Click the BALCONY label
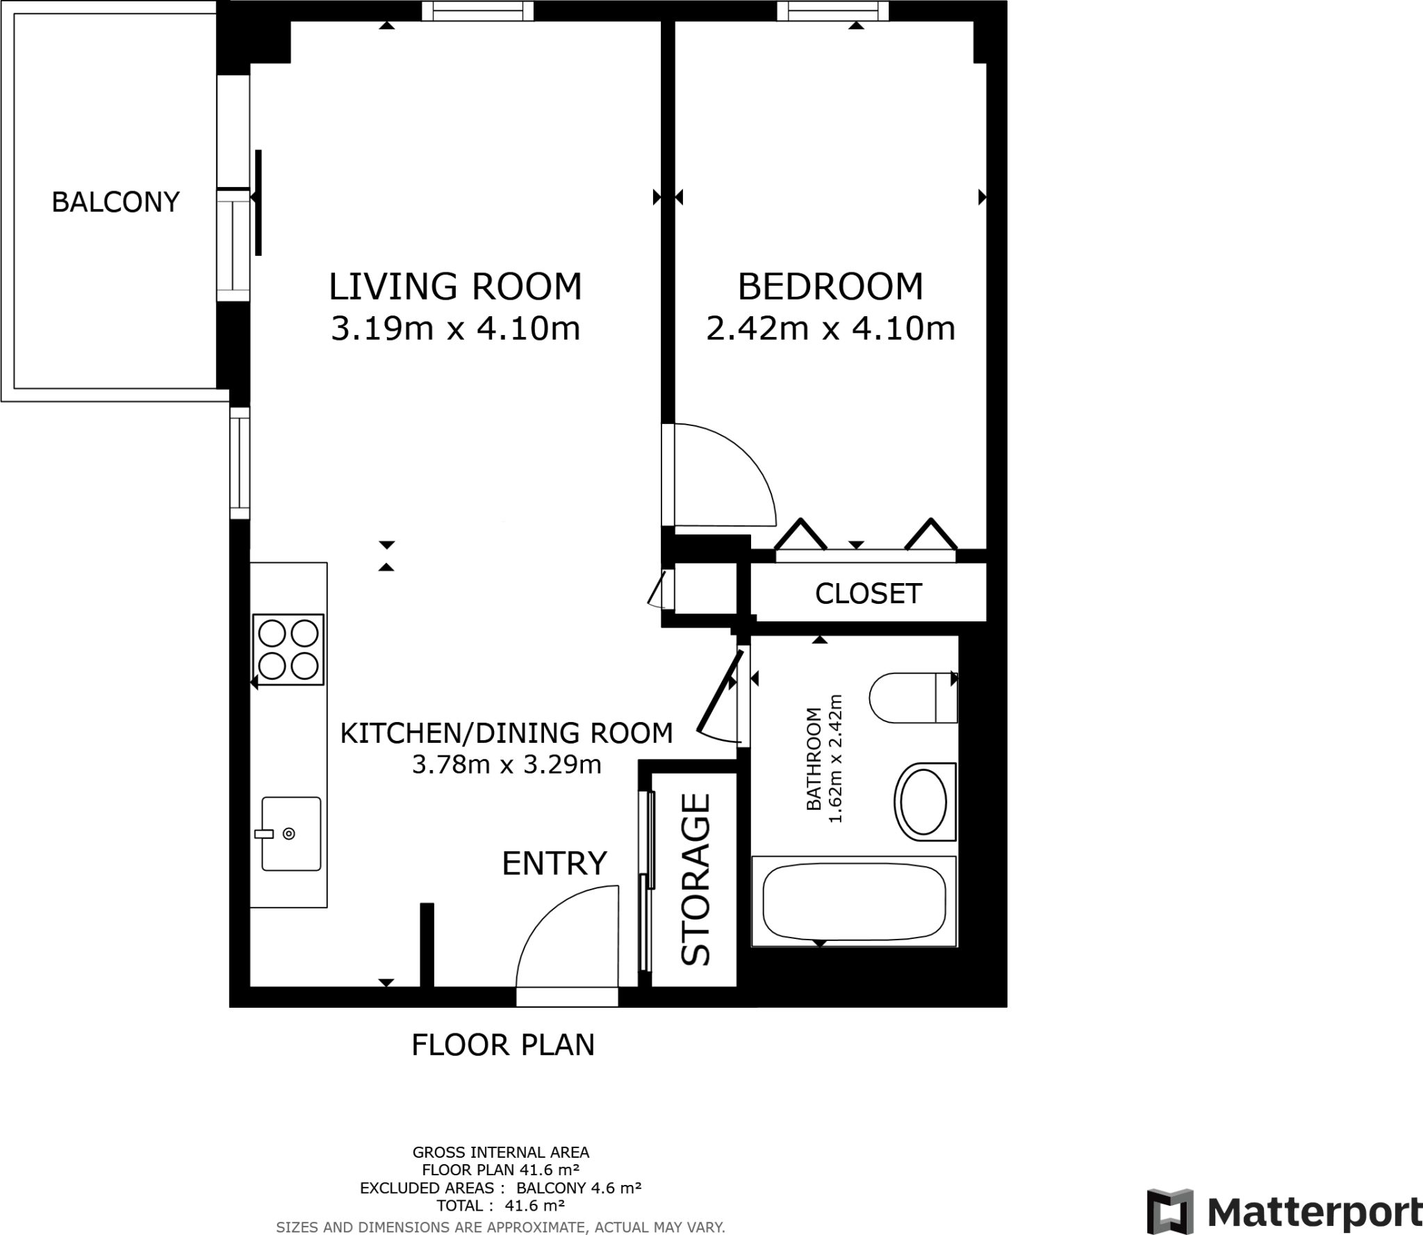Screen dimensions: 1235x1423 click(x=115, y=202)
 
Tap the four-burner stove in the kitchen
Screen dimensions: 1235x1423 click(x=288, y=650)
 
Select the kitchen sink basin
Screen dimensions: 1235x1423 click(x=291, y=833)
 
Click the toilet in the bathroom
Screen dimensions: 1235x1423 click(x=912, y=697)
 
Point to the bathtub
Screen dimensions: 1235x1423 click(x=854, y=901)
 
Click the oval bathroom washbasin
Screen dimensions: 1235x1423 click(x=923, y=801)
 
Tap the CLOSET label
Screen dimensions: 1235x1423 click(x=868, y=594)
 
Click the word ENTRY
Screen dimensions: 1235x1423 click(x=554, y=863)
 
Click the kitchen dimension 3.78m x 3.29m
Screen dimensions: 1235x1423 click(x=506, y=764)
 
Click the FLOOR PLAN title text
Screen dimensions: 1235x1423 click(x=503, y=1045)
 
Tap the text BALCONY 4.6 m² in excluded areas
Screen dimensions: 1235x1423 click(x=578, y=1188)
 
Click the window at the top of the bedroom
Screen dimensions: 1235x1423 click(x=832, y=10)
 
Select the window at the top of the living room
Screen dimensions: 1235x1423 click(x=477, y=10)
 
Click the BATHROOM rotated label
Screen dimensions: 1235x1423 click(x=814, y=759)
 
